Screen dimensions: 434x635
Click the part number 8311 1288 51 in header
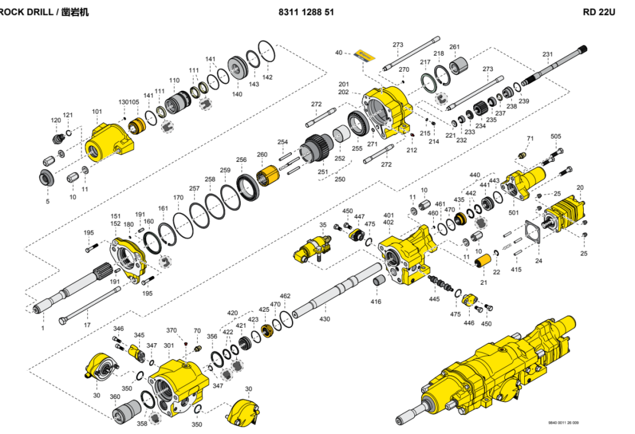pos(306,11)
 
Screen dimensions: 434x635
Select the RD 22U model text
pos(599,11)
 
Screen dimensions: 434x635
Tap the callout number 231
pos(548,55)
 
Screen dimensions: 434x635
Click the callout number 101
pos(97,111)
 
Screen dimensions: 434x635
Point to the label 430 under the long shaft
pos(325,319)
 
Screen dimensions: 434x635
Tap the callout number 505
pos(556,137)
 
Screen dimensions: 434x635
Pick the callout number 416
pos(376,301)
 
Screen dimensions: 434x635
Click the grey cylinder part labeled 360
pos(126,411)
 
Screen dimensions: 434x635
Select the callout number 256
pos(241,160)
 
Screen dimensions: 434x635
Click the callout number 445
pos(434,299)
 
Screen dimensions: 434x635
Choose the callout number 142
pos(267,76)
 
